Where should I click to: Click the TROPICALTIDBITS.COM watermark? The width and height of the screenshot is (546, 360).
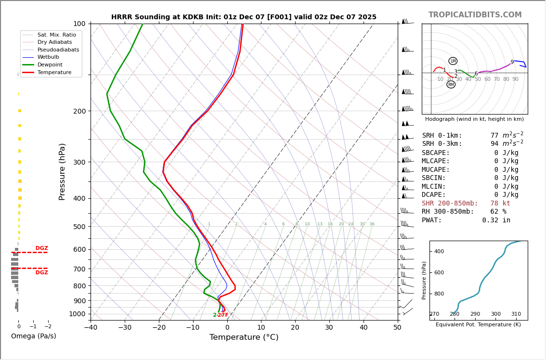point(475,15)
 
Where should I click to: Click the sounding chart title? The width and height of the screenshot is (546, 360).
point(244,17)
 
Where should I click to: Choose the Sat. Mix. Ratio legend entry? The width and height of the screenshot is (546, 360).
point(56,35)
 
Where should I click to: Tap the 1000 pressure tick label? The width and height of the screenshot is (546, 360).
point(77,314)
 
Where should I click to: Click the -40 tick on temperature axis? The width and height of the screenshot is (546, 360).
point(91,328)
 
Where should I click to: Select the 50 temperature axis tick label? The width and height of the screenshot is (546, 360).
point(397,328)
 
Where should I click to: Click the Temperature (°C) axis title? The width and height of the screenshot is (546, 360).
point(244,337)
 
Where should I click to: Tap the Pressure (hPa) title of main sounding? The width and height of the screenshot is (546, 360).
point(62,171)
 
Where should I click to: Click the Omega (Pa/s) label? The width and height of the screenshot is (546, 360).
point(33,336)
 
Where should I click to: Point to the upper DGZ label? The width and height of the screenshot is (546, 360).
point(41,248)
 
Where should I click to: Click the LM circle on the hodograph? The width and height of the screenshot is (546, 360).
point(453,61)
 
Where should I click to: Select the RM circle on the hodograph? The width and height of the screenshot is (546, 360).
point(451,85)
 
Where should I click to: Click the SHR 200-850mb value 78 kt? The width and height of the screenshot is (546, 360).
point(500,204)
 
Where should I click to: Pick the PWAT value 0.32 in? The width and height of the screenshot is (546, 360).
point(496,220)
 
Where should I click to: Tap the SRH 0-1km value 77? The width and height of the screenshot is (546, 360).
point(494,136)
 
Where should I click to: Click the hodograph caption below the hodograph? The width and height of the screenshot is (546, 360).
point(474,119)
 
